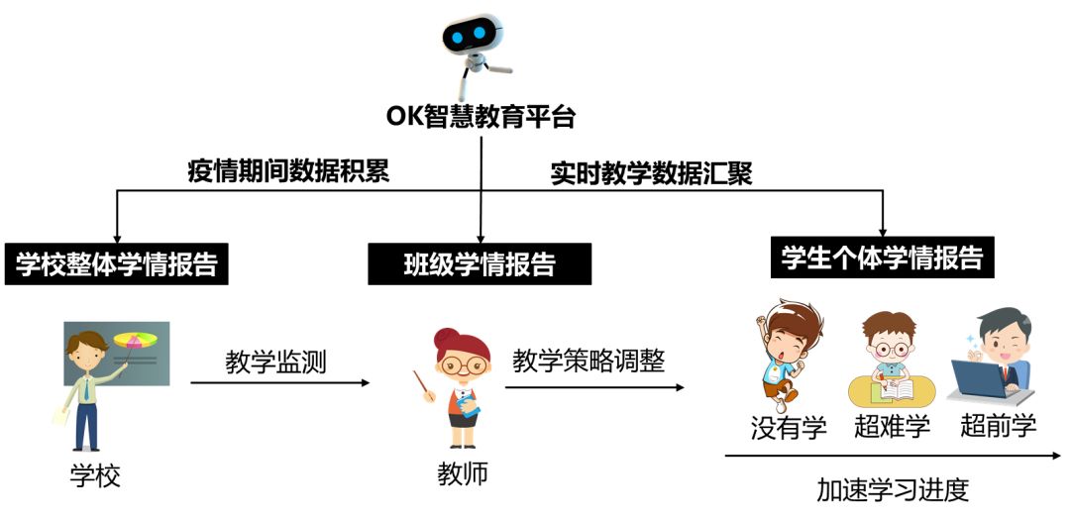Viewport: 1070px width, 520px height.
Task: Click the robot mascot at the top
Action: tap(477, 53)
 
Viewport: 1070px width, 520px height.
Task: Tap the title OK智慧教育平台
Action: tap(481, 117)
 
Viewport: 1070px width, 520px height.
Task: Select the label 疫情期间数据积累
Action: tap(288, 171)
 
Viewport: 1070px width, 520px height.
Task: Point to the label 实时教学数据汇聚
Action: tap(651, 174)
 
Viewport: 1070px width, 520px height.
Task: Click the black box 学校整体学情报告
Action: tap(116, 263)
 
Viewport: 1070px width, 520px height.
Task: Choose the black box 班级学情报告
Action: tap(480, 263)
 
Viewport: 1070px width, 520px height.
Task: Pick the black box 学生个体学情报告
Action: tap(883, 258)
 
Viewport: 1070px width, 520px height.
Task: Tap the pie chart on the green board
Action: tap(135, 339)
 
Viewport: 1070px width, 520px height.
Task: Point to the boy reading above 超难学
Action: tap(891, 360)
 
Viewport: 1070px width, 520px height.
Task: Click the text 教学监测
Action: tap(275, 363)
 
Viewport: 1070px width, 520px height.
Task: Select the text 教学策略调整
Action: tap(588, 361)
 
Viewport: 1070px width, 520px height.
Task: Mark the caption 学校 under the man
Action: tap(95, 475)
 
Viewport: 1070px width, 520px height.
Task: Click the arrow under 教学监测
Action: tap(279, 383)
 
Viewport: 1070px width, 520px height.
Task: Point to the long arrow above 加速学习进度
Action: tap(894, 456)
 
